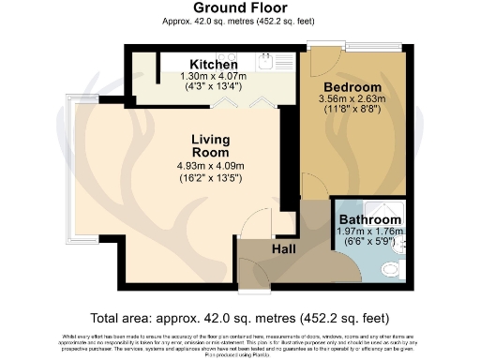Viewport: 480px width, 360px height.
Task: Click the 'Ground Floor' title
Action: coord(239,8)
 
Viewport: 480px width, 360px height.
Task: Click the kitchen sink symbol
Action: coord(266,61)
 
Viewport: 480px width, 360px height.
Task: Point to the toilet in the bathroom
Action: coord(389,268)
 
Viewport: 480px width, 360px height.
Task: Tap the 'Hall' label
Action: coord(284,250)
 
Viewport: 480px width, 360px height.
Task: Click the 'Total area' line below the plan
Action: coord(239,317)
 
